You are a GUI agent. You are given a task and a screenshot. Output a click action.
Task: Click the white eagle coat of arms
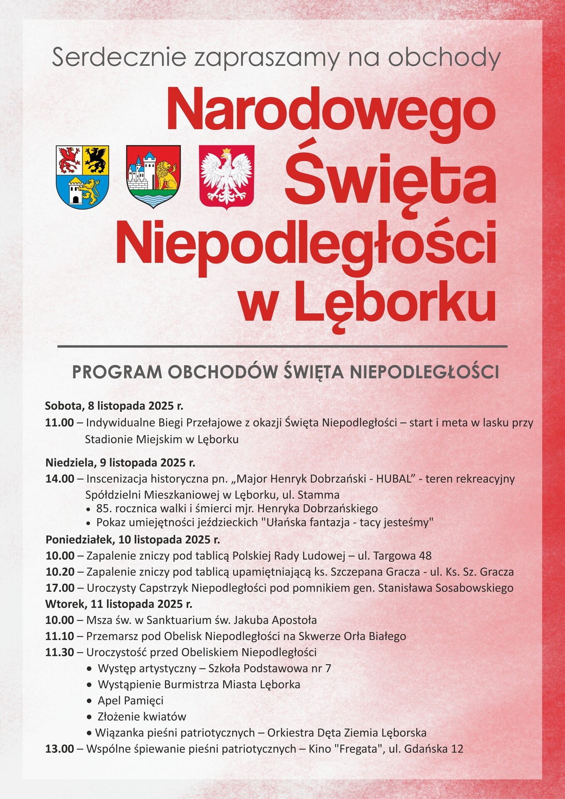click(x=227, y=176)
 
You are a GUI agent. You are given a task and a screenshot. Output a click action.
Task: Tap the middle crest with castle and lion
click(x=153, y=176)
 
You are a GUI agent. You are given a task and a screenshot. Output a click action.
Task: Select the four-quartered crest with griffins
click(x=82, y=177)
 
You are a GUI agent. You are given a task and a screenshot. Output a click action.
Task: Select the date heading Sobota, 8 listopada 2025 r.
click(x=114, y=405)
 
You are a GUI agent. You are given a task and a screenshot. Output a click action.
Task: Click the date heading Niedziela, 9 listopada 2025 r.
click(x=120, y=462)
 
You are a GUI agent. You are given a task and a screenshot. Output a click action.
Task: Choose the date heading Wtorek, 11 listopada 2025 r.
click(x=119, y=604)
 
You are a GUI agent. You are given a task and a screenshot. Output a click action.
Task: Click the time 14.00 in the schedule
click(x=60, y=479)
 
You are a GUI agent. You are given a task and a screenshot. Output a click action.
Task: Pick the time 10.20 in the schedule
click(x=60, y=572)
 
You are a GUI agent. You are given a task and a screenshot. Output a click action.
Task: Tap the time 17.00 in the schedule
click(x=60, y=588)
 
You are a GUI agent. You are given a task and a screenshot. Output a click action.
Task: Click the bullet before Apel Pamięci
click(x=89, y=701)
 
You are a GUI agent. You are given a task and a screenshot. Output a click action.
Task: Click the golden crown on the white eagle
click(x=227, y=150)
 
